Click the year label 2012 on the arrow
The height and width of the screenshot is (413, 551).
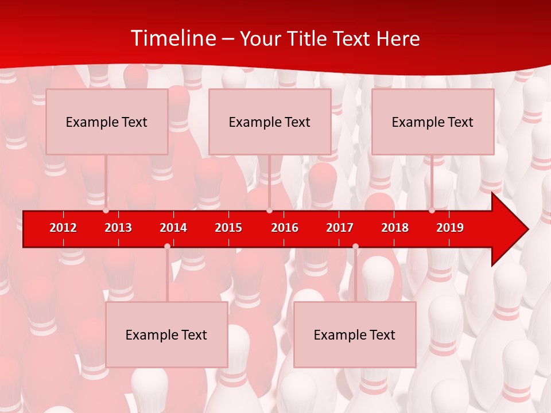click(63, 228)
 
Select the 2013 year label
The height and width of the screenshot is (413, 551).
click(118, 228)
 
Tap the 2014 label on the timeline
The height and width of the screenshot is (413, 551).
click(173, 228)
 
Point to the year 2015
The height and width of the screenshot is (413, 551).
click(228, 228)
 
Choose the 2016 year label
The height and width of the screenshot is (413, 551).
click(285, 228)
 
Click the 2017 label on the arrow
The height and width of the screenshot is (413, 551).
click(340, 228)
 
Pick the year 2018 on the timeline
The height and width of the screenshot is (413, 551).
click(395, 228)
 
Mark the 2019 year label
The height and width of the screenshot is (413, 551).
click(450, 228)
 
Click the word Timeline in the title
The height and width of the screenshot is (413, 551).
click(173, 38)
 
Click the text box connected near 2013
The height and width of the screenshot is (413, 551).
click(107, 122)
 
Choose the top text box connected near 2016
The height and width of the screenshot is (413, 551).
click(270, 122)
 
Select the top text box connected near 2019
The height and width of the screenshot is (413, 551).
click(433, 122)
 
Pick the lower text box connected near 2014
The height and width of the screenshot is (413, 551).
click(166, 334)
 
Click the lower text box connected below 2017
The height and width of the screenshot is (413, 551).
click(355, 334)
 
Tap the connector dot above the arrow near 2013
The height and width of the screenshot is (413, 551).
click(106, 210)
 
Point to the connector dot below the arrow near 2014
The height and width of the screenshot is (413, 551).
click(167, 246)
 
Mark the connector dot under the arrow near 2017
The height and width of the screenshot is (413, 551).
click(355, 246)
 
